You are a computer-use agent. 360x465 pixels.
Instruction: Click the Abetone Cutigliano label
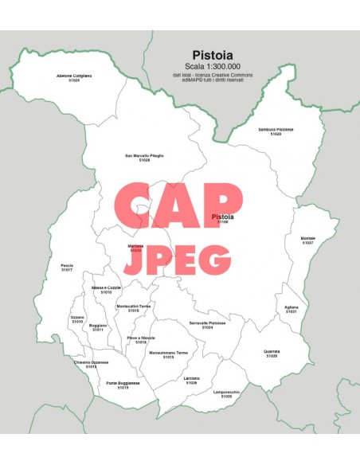click(x=74, y=76)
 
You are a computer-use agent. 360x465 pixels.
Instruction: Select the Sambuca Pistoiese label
click(x=276, y=130)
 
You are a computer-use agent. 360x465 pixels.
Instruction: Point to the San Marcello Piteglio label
click(x=144, y=156)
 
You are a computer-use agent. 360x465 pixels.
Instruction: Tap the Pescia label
click(x=66, y=266)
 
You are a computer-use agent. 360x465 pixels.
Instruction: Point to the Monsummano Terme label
click(x=169, y=353)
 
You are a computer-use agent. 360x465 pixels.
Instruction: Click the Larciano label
click(x=191, y=377)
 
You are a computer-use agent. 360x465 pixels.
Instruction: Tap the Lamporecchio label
click(x=226, y=391)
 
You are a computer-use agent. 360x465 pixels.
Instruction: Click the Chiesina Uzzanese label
click(x=92, y=362)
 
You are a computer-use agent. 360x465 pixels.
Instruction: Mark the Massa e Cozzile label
click(x=106, y=287)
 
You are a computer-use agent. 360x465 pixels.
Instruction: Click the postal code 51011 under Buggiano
click(x=98, y=330)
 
